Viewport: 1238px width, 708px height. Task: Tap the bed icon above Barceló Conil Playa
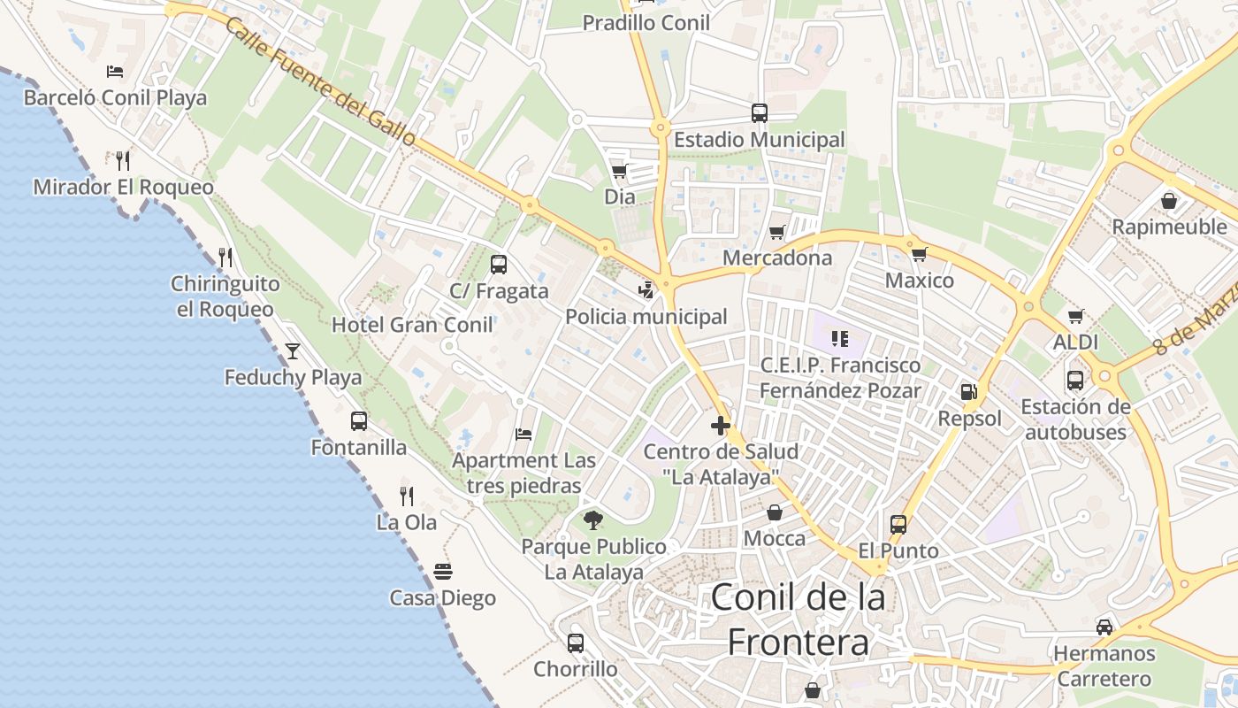click(114, 72)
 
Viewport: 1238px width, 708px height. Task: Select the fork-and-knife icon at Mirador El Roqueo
click(123, 160)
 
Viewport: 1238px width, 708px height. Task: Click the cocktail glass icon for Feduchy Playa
click(293, 351)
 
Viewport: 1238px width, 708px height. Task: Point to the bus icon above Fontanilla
click(358, 421)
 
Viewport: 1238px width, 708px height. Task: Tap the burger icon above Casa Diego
click(442, 572)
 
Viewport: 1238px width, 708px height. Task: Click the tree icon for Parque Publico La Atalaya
click(593, 519)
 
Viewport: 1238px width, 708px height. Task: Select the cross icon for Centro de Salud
click(721, 426)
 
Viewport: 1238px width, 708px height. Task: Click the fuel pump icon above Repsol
click(969, 391)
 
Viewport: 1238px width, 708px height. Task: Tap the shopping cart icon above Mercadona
click(776, 232)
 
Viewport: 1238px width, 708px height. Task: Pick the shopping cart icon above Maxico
click(920, 254)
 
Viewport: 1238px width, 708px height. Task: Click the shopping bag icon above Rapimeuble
click(1169, 201)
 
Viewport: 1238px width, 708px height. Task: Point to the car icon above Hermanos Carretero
click(1104, 627)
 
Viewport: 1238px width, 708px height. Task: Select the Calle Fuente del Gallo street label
click(319, 81)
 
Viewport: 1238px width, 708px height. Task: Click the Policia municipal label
click(646, 317)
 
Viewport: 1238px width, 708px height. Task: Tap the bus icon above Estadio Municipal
click(760, 113)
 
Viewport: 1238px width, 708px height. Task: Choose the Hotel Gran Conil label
click(412, 325)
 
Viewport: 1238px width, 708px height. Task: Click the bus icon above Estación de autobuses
click(1075, 381)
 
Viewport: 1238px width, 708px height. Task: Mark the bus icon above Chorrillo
click(576, 643)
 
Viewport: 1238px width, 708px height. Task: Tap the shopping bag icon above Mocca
click(775, 512)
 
